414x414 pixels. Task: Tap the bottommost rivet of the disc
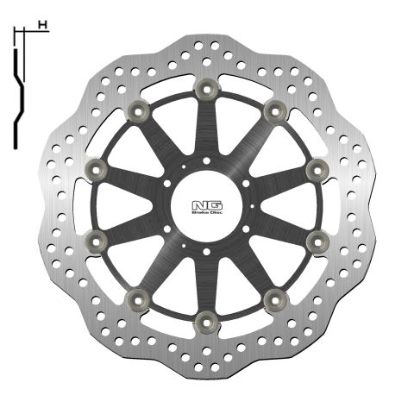[205, 322]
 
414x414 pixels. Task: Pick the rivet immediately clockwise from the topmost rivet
[275, 110]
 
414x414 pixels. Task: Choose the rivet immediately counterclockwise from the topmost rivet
[137, 110]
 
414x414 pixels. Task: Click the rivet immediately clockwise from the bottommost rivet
[136, 299]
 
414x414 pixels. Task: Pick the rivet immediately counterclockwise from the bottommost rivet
[275, 299]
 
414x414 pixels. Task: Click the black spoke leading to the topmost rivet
[206, 129]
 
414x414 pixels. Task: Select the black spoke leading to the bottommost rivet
[205, 280]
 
